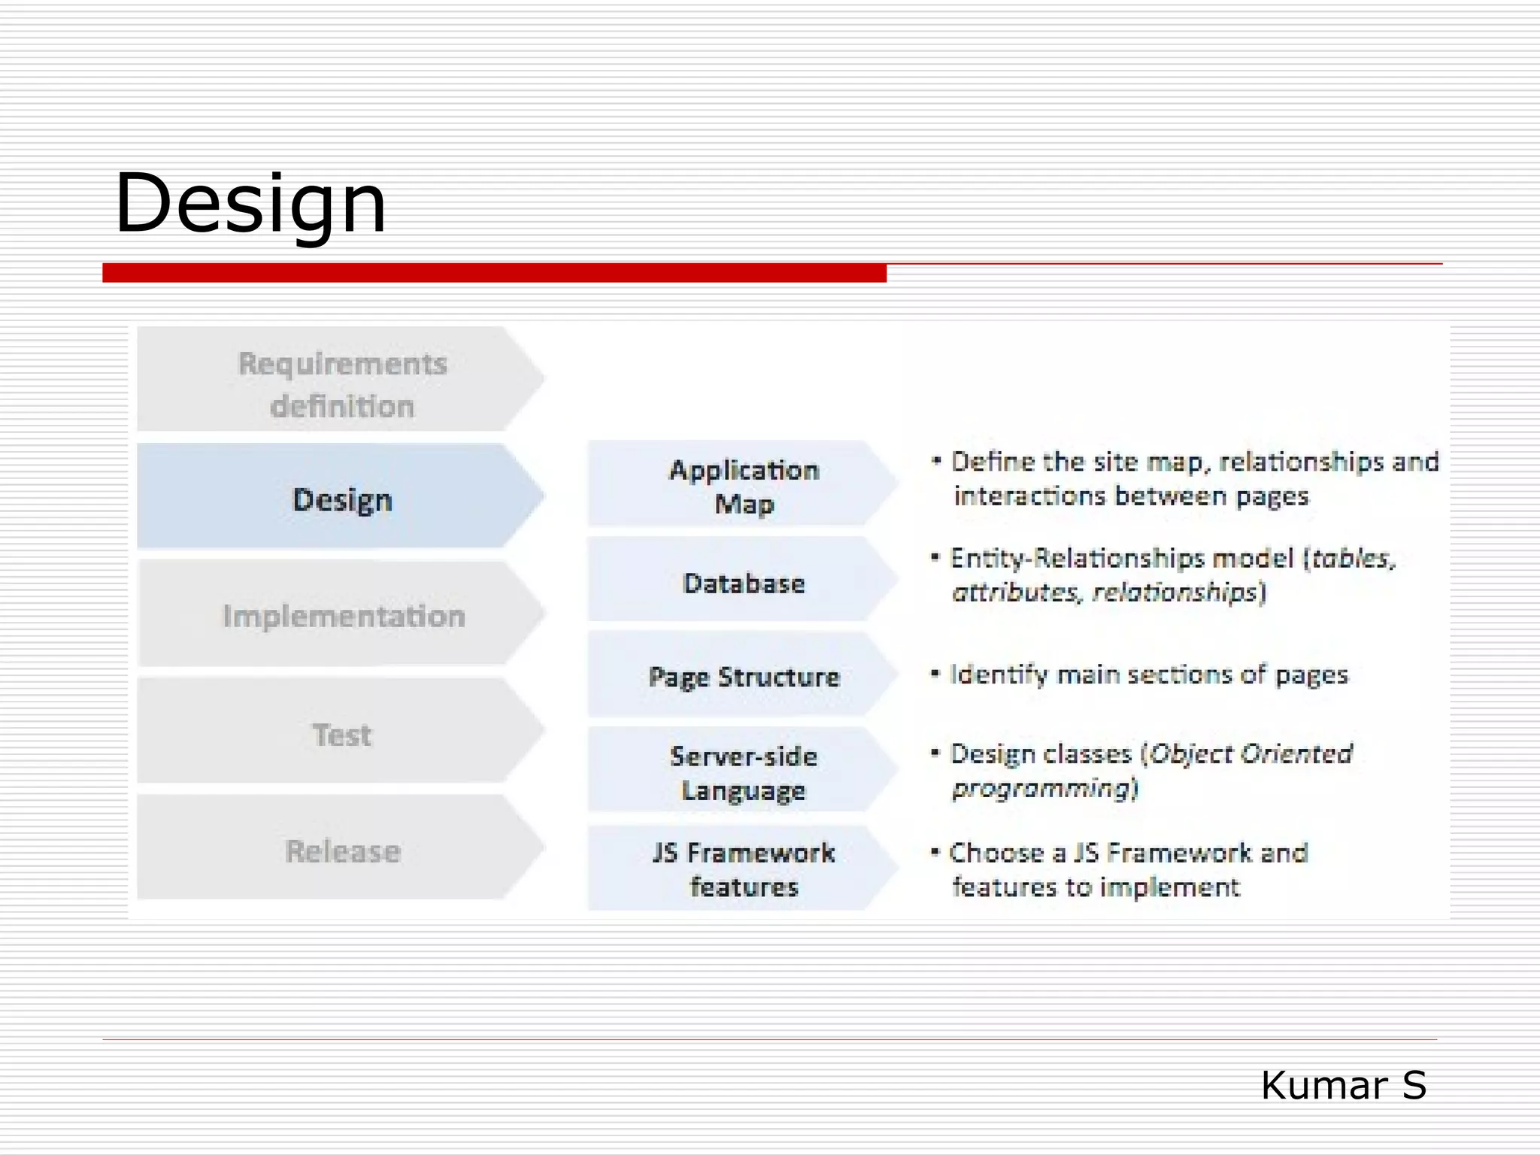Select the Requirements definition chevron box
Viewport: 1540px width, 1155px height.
coord(341,383)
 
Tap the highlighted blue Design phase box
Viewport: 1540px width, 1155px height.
coord(341,500)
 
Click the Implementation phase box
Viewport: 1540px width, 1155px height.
coord(343,616)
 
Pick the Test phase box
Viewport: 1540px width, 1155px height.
coord(341,735)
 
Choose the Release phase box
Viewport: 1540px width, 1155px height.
coord(343,851)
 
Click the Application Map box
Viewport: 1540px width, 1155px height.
coord(743,487)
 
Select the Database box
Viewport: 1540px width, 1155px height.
coord(743,584)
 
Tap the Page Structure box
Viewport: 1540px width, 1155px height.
coord(743,677)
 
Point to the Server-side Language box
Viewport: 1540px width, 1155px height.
coord(743,773)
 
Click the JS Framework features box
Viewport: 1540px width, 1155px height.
coord(743,870)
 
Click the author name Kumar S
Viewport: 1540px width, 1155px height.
coord(1343,1085)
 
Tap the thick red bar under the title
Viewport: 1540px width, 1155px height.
coord(494,273)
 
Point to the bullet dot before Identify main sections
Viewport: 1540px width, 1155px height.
coord(935,674)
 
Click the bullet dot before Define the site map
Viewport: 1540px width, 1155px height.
coord(936,461)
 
